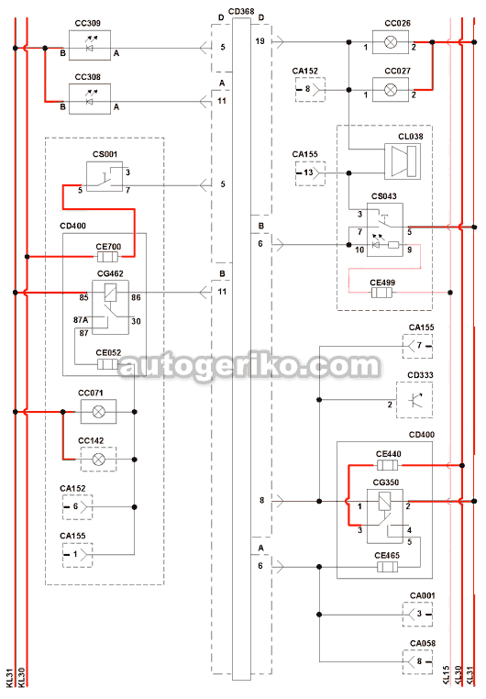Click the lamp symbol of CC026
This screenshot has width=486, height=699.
(391, 42)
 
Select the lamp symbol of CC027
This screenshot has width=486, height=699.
(391, 90)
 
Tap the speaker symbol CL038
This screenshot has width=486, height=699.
(403, 161)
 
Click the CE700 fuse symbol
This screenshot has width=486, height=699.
(108, 257)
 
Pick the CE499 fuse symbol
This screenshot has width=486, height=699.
(381, 293)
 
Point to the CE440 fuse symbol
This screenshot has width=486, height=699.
(388, 465)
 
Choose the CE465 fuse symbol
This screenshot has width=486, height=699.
(388, 567)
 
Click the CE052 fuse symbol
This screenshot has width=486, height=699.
(108, 365)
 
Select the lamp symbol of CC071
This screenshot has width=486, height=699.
(98, 412)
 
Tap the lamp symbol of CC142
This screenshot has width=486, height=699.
(98, 460)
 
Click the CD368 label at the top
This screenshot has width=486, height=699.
(241, 11)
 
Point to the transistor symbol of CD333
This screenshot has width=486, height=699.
(415, 400)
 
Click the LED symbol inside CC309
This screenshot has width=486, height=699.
(91, 44)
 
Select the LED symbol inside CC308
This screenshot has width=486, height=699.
(91, 98)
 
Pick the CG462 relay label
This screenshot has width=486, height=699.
(110, 273)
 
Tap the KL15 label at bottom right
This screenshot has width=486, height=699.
(447, 675)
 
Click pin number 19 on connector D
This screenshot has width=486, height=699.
(260, 41)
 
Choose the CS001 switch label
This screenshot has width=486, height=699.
(105, 154)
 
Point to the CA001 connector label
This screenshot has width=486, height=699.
(423, 595)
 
